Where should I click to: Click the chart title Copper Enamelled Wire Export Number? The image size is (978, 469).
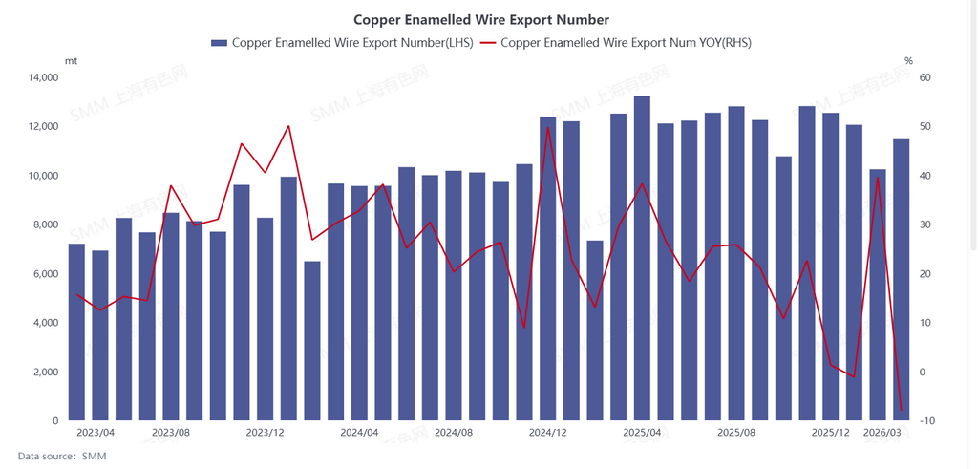click(480, 19)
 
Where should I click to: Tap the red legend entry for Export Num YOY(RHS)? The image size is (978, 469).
click(616, 43)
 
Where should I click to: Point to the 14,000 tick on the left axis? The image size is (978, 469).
click(42, 77)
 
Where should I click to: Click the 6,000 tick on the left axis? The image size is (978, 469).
click(45, 274)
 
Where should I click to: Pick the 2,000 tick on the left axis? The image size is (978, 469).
click(45, 372)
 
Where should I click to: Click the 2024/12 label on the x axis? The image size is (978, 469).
click(547, 433)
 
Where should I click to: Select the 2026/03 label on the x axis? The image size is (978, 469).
click(882, 433)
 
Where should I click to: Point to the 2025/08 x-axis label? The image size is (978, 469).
click(736, 433)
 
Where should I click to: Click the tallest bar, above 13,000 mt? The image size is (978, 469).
click(642, 258)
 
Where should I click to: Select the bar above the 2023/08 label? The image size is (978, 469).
click(171, 316)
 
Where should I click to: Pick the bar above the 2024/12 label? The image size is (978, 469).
click(547, 268)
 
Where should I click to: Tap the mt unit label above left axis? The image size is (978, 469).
click(71, 60)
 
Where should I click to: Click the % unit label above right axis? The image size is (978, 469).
click(908, 60)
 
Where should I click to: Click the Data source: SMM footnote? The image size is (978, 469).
click(62, 457)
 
